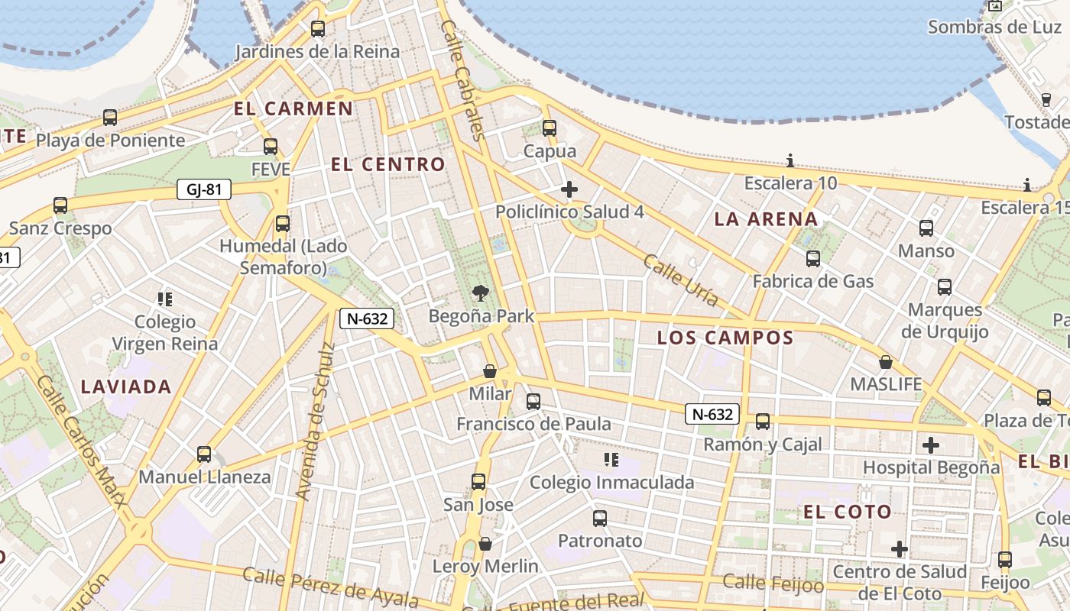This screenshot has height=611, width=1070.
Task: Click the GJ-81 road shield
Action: pos(203,189)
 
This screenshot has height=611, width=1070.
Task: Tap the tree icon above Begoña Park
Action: pos(481,293)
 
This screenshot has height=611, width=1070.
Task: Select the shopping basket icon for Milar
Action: pos(490,371)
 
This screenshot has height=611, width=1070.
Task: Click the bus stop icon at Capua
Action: pos(550,128)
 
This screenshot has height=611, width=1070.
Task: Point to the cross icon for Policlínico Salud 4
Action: pos(569,189)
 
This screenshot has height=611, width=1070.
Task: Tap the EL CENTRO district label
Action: pos(387,164)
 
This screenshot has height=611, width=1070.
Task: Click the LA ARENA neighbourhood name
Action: pos(766,219)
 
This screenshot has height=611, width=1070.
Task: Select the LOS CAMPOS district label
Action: pos(725,338)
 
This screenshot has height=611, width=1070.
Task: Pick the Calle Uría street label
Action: pos(680,280)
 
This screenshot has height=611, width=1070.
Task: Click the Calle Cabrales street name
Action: pos(463,80)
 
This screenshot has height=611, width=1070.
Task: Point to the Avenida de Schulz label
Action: pos(315,422)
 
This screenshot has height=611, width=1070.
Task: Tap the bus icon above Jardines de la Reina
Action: pos(317,29)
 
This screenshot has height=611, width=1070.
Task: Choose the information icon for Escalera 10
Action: pos(790,160)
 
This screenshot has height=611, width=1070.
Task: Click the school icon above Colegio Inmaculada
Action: pos(611,459)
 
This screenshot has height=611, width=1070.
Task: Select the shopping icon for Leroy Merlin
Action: pos(485,544)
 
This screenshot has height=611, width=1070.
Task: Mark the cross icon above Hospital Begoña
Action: pos(931,445)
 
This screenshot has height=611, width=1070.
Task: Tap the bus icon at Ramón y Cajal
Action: pos(762,422)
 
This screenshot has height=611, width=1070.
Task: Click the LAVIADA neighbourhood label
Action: pos(126,386)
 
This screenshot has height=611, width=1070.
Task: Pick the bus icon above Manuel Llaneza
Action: pos(204,454)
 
